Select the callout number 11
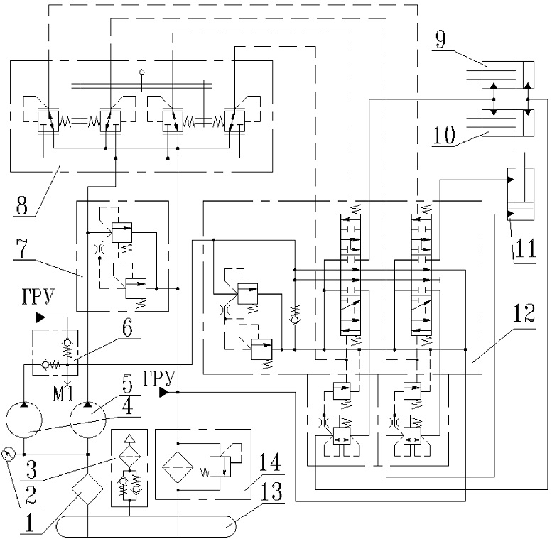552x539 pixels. [x=526, y=248]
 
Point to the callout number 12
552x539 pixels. [x=524, y=312]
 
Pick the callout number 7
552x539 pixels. [x=22, y=249]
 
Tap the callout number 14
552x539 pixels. [x=271, y=462]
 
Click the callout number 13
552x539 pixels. [x=271, y=491]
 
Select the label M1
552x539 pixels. [x=63, y=393]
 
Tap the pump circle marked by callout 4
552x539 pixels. [x=24, y=420]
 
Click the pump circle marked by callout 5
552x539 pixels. [x=87, y=420]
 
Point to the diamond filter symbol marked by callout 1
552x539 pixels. [x=87, y=489]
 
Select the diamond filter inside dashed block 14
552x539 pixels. [x=178, y=467]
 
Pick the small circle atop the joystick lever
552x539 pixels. [x=142, y=72]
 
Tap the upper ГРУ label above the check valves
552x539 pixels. [x=38, y=296]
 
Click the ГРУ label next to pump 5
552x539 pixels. [x=159, y=379]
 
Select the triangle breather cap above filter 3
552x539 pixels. [x=129, y=438]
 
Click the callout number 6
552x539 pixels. [x=127, y=328]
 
